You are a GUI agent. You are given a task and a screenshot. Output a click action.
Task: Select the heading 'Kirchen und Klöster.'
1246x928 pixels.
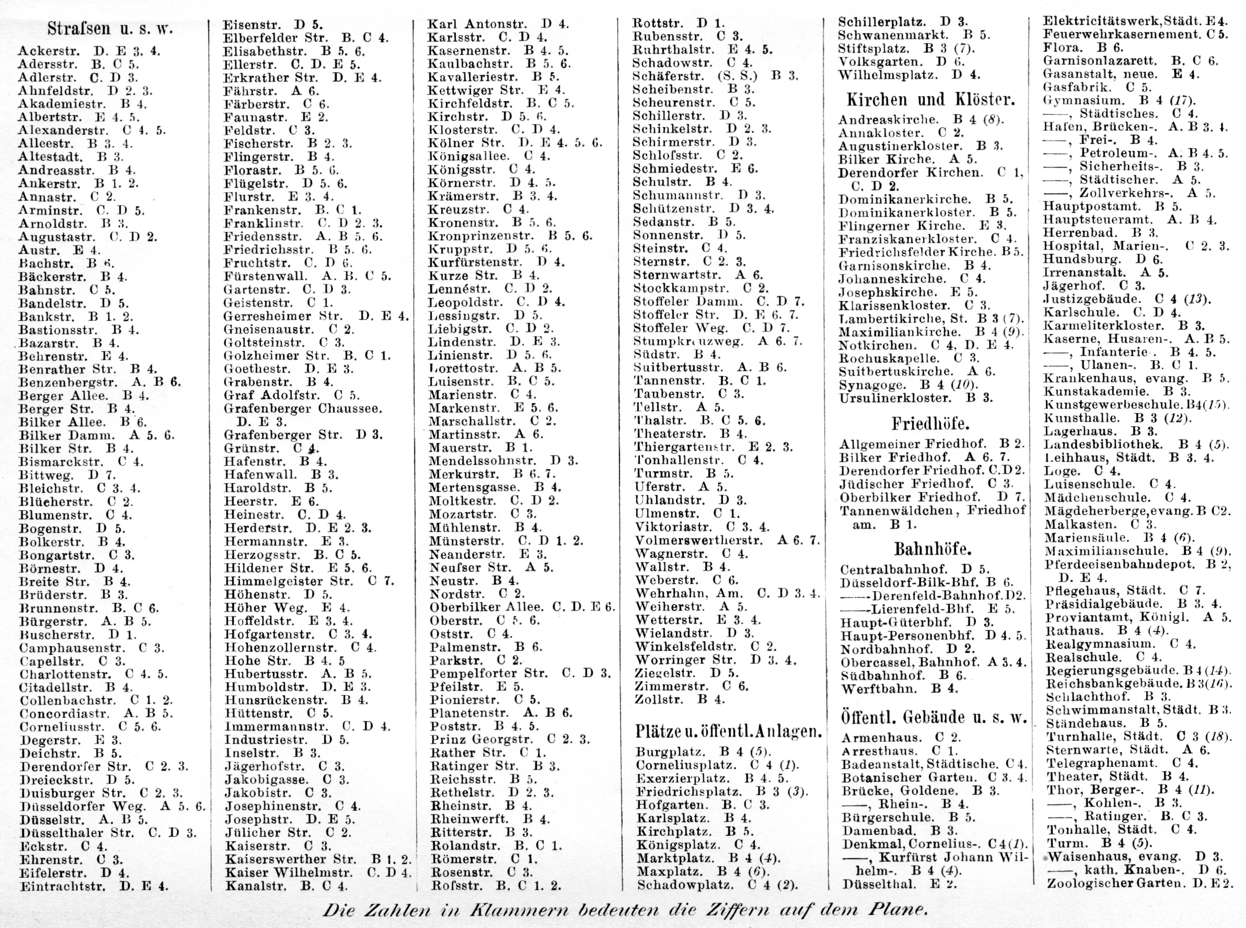click(930, 100)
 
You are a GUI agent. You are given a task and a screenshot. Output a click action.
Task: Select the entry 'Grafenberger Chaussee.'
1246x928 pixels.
click(302, 408)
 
